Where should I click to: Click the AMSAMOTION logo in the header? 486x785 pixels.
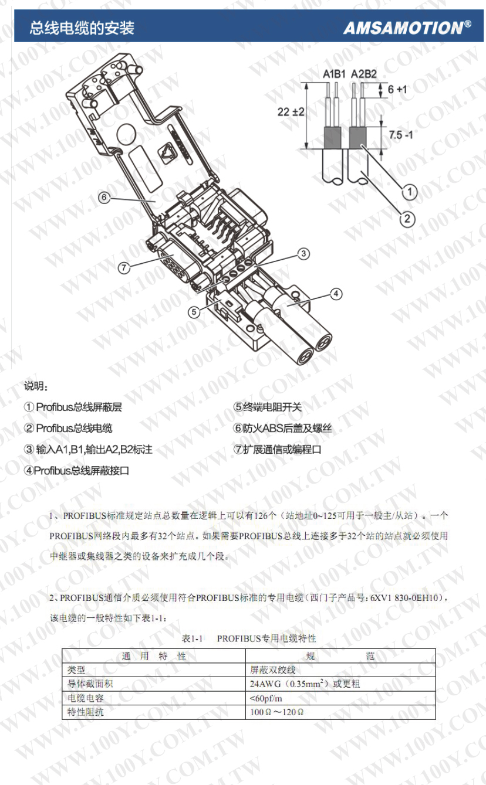(x=407, y=28)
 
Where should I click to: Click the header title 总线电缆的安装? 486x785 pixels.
(x=82, y=28)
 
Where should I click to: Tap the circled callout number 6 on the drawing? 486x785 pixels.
(x=104, y=198)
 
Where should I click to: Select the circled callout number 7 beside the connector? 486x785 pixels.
(x=123, y=268)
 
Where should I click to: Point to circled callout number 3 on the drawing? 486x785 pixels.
(x=303, y=253)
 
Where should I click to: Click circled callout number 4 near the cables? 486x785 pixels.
(x=336, y=294)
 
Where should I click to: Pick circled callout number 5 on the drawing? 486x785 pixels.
(x=194, y=311)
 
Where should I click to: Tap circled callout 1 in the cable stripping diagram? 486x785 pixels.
(x=409, y=192)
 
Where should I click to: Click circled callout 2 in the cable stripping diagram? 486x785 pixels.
(x=407, y=219)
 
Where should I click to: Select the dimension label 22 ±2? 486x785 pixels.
(x=291, y=112)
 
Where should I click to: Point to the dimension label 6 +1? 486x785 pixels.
(x=397, y=89)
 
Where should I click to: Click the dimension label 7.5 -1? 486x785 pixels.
(x=401, y=135)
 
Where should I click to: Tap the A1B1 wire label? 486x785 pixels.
(x=334, y=74)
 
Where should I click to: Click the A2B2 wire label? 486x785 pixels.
(x=364, y=74)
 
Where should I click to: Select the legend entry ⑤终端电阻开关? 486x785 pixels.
(x=268, y=407)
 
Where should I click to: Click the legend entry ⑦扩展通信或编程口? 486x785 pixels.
(x=278, y=449)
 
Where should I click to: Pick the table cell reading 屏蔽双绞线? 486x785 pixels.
(x=273, y=670)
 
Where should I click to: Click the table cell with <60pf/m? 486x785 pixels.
(x=266, y=698)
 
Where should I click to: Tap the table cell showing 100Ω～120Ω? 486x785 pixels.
(x=276, y=712)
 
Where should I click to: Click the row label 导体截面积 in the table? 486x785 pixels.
(x=90, y=684)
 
